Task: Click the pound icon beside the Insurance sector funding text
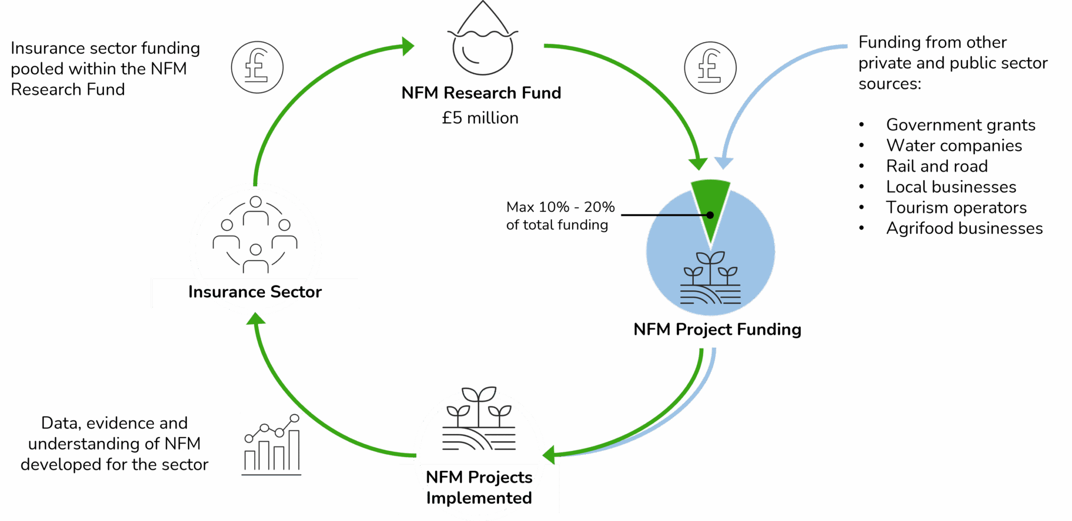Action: tap(257, 67)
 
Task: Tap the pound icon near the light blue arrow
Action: tap(710, 67)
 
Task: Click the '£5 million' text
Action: tap(480, 118)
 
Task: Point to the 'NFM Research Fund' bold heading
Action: tap(481, 93)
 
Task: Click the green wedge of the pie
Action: tap(711, 201)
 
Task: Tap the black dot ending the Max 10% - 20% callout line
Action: tap(710, 215)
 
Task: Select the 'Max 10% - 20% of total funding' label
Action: tap(560, 216)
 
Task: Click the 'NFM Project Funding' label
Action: tap(717, 330)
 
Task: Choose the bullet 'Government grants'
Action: tap(961, 125)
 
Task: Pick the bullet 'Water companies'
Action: tap(954, 146)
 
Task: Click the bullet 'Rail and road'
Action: tap(937, 166)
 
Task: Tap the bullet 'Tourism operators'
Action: tap(956, 208)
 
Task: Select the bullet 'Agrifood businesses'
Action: tap(964, 228)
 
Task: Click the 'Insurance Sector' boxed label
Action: tap(255, 292)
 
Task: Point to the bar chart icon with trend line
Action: tap(271, 444)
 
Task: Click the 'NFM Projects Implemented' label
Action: tap(479, 488)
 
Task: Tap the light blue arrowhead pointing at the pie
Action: tap(724, 162)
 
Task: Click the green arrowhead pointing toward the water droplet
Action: tap(407, 46)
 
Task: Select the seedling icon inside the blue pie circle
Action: tap(710, 279)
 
